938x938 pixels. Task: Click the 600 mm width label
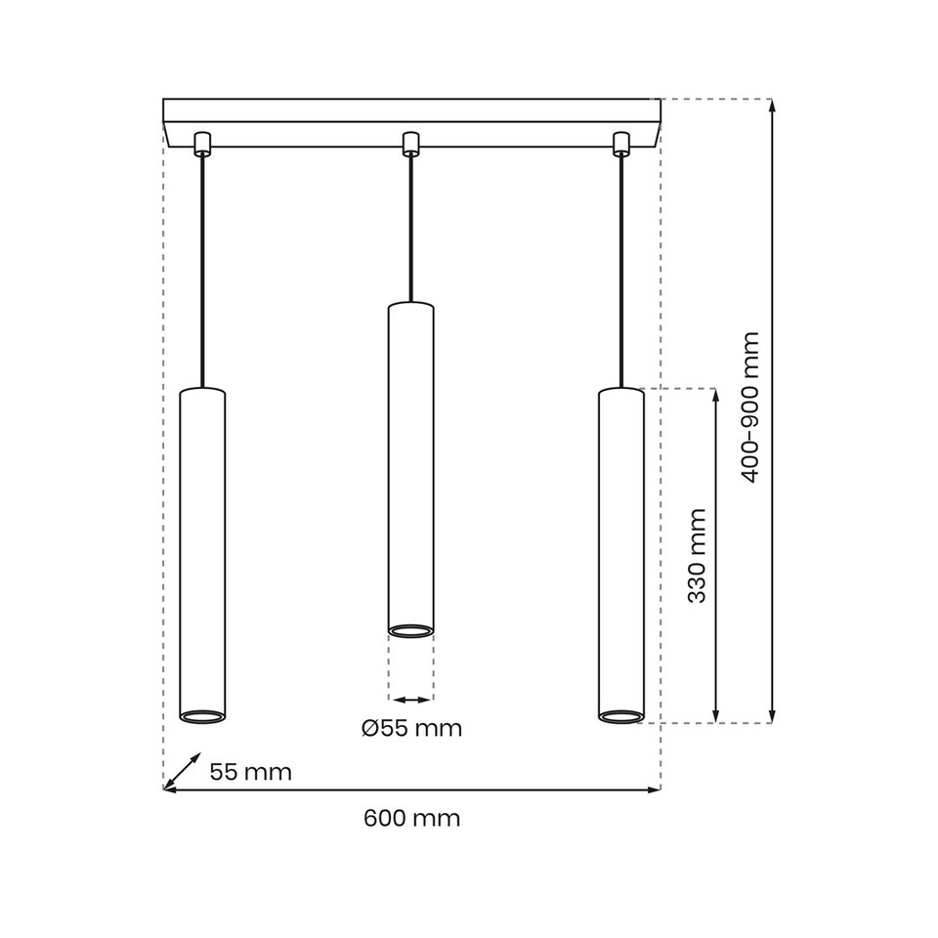(x=411, y=819)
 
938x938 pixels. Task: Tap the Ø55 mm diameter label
(x=411, y=729)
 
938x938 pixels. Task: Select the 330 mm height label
(x=697, y=555)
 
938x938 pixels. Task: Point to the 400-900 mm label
(x=749, y=406)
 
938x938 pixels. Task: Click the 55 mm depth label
(x=251, y=772)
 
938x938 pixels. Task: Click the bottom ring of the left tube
(x=202, y=715)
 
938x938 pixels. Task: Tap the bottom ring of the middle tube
(x=410, y=630)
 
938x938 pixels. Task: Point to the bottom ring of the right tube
(x=620, y=716)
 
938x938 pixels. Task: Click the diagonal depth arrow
(x=183, y=770)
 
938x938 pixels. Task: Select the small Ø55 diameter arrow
(x=410, y=700)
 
